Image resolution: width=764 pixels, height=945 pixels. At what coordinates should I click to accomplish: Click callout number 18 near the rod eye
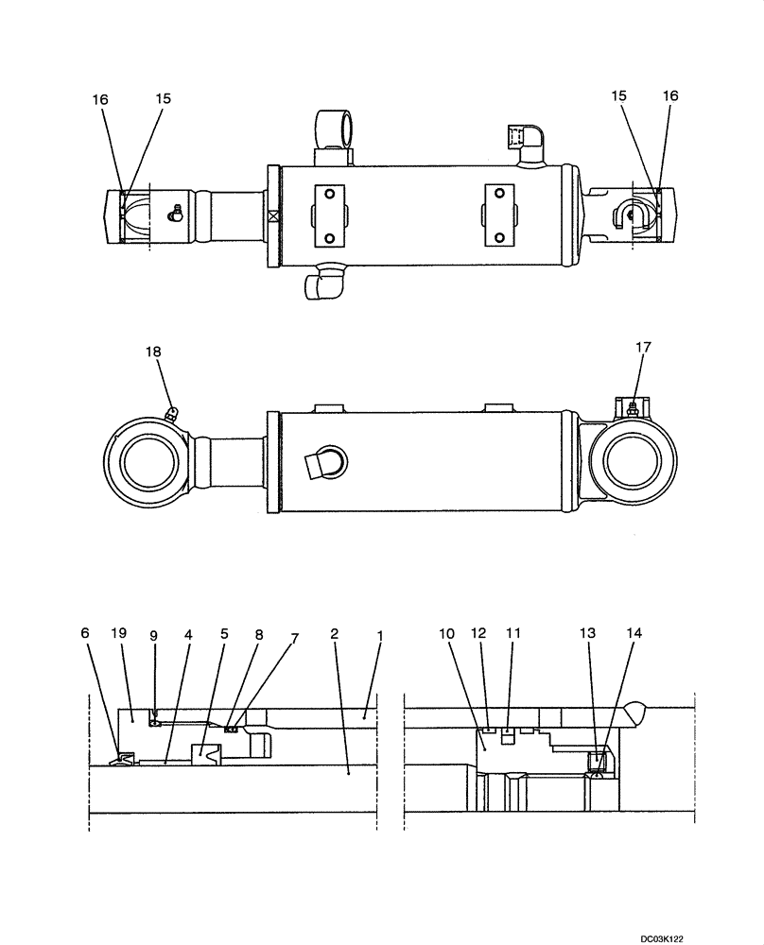click(153, 352)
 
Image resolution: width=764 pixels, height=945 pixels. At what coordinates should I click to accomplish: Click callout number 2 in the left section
click(335, 635)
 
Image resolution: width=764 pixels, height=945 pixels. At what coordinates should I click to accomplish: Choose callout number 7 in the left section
click(294, 638)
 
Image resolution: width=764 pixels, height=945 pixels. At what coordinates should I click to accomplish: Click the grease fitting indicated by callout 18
click(171, 412)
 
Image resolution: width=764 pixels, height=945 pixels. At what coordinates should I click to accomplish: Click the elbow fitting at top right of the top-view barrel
click(521, 139)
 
